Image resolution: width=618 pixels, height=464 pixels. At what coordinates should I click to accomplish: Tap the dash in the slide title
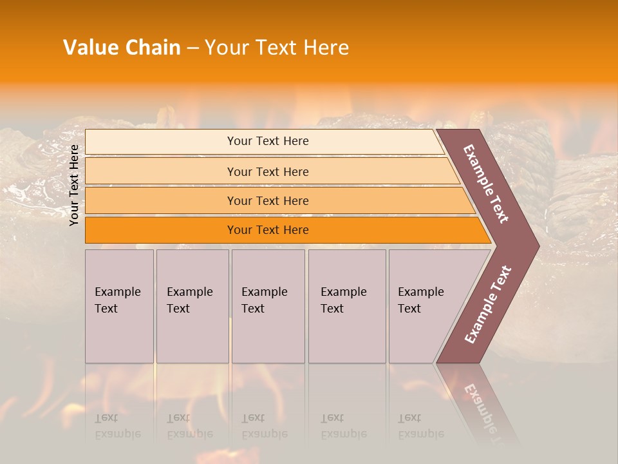192,48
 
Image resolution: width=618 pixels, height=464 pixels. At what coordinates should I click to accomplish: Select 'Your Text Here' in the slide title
277,48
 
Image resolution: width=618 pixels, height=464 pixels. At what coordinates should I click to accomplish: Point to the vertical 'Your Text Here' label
74,185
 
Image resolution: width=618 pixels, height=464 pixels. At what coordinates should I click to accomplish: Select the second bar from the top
268,171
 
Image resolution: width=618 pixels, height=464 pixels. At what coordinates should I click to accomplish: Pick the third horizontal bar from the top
268,200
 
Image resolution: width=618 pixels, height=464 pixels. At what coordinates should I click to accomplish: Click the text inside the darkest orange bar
268,230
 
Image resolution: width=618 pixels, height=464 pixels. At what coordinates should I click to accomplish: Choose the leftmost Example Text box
119,306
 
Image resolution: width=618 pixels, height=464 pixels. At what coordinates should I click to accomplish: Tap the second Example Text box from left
192,306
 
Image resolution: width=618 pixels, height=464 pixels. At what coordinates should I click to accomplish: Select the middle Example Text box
268,306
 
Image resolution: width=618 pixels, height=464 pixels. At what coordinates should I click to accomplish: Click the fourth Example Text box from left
346,306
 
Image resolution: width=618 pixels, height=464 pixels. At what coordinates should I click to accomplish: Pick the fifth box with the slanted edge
425,306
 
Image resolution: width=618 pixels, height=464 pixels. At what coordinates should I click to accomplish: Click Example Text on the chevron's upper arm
487,183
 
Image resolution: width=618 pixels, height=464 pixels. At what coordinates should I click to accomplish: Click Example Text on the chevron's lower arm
488,304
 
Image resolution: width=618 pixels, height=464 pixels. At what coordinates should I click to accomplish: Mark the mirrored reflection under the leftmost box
118,426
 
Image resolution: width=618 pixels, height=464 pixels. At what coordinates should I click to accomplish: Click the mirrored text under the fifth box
421,426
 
